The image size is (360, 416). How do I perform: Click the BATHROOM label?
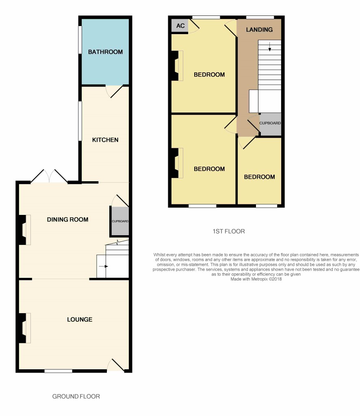[105, 52]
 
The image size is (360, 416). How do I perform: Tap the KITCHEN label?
[105, 140]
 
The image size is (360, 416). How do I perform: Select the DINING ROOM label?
[67, 219]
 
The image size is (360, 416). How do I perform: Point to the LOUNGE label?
[80, 319]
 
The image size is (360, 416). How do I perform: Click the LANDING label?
[259, 30]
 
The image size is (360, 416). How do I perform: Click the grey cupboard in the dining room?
[120, 221]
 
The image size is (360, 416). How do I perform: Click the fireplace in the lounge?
[24, 328]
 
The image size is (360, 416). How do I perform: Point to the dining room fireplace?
[24, 230]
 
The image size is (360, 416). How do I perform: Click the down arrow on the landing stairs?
[269, 47]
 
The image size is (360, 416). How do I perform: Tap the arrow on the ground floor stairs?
[104, 266]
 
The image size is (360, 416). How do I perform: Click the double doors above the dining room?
[49, 176]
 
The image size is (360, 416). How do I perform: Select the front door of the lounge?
[116, 366]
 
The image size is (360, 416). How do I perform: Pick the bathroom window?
[80, 40]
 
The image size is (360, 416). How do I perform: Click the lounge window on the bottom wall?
[59, 371]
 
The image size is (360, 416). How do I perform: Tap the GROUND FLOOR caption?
[76, 396]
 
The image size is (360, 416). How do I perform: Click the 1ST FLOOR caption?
[229, 231]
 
